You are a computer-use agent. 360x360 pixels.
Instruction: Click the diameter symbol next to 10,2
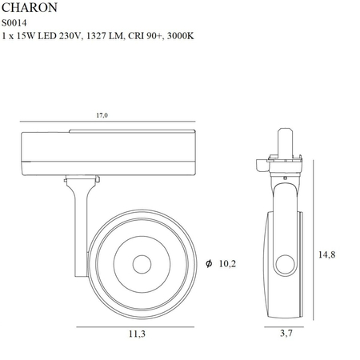(x=209, y=262)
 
